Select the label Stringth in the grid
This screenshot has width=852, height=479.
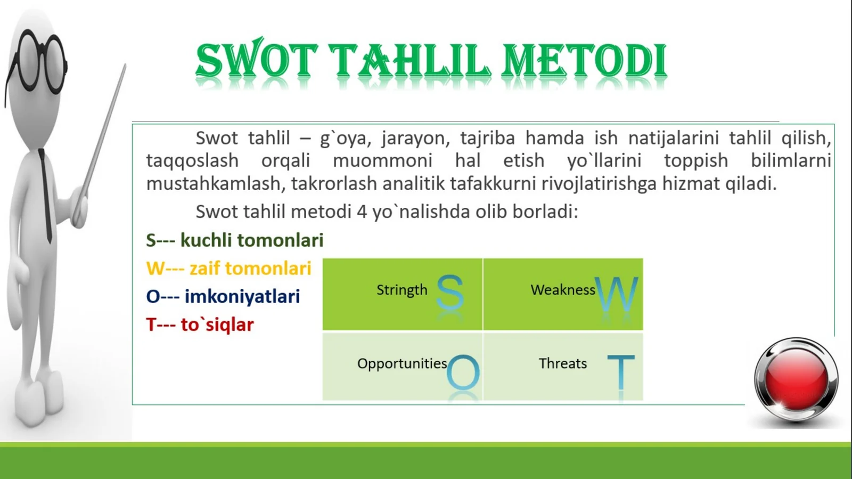tap(402, 290)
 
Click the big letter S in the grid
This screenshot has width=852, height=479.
tap(450, 293)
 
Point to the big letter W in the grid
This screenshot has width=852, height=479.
tap(617, 294)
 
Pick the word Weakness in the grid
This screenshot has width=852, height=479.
tap(562, 290)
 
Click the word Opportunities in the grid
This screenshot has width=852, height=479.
tap(402, 363)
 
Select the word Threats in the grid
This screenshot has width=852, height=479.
tap(562, 363)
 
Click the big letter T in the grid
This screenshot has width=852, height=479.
tap(621, 372)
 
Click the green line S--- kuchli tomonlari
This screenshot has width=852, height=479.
tap(234, 240)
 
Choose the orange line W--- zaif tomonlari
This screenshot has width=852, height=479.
tap(228, 268)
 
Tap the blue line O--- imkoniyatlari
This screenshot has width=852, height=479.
tap(223, 296)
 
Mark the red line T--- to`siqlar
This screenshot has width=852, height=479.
tap(200, 324)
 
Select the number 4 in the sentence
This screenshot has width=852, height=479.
tap(362, 212)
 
